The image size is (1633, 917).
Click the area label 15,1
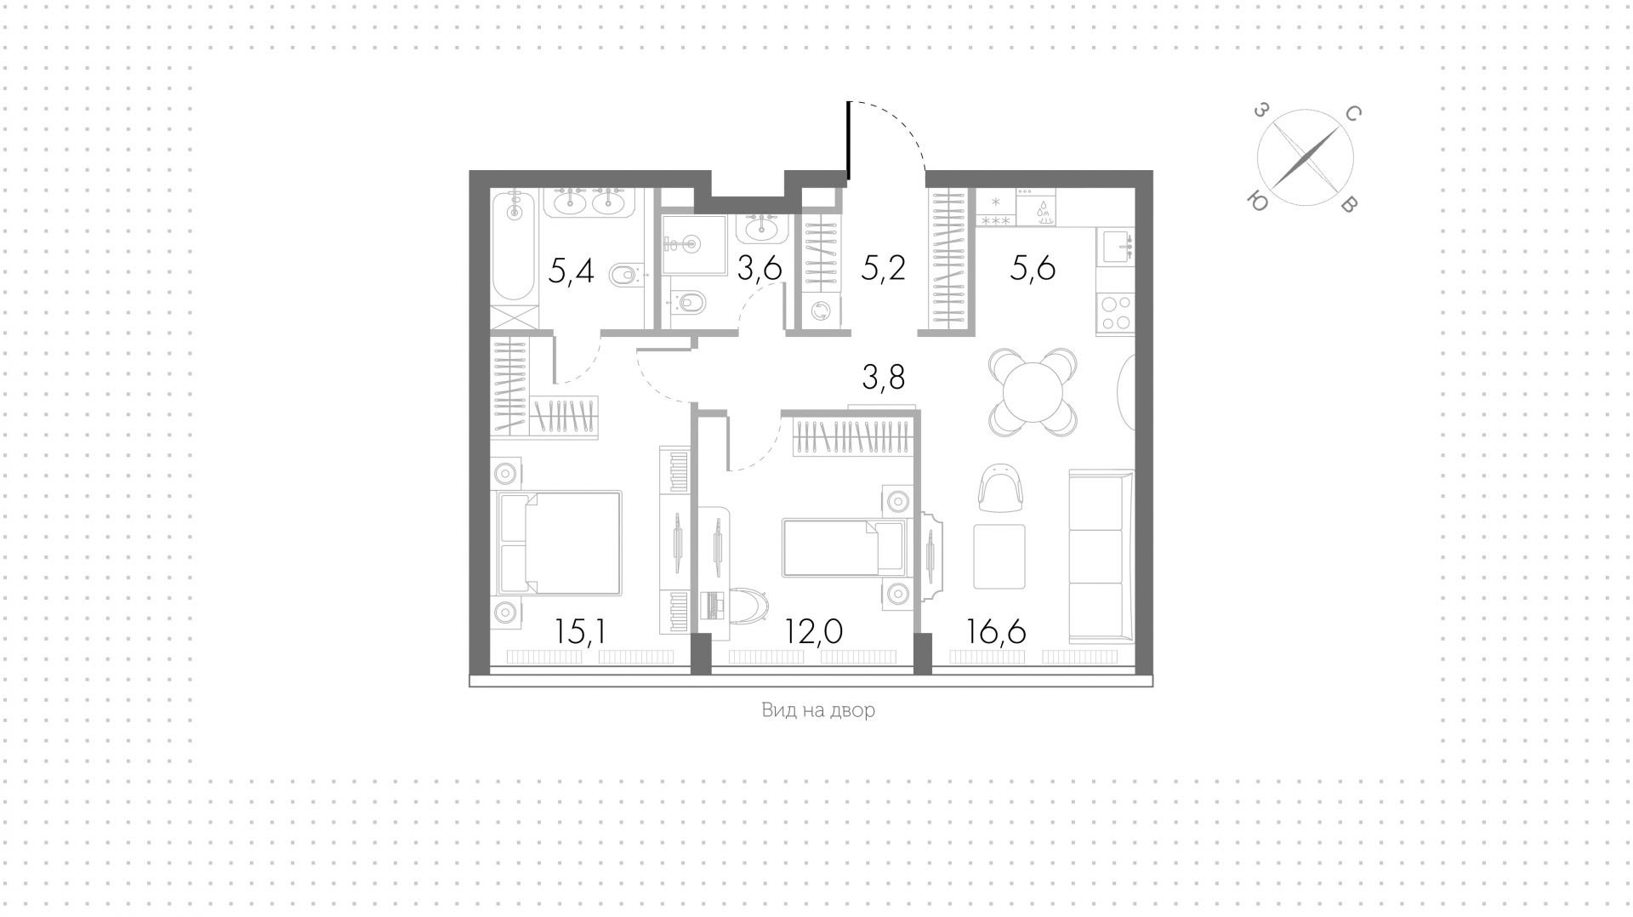(580, 631)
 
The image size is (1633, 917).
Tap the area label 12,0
(814, 631)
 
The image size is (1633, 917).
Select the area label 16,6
(997, 631)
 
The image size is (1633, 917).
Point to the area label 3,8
(884, 377)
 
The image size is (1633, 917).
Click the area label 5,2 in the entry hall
(884, 269)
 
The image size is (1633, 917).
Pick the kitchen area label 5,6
(1033, 269)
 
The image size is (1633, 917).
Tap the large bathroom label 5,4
(571, 271)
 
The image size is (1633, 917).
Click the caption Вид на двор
(817, 710)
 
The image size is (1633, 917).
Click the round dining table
(1033, 392)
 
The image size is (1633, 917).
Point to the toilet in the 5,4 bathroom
(625, 274)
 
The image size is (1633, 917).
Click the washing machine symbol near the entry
(822, 312)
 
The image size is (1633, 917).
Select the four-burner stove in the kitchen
(1115, 312)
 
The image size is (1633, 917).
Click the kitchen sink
(1115, 247)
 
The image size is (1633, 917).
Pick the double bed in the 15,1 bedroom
(559, 542)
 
